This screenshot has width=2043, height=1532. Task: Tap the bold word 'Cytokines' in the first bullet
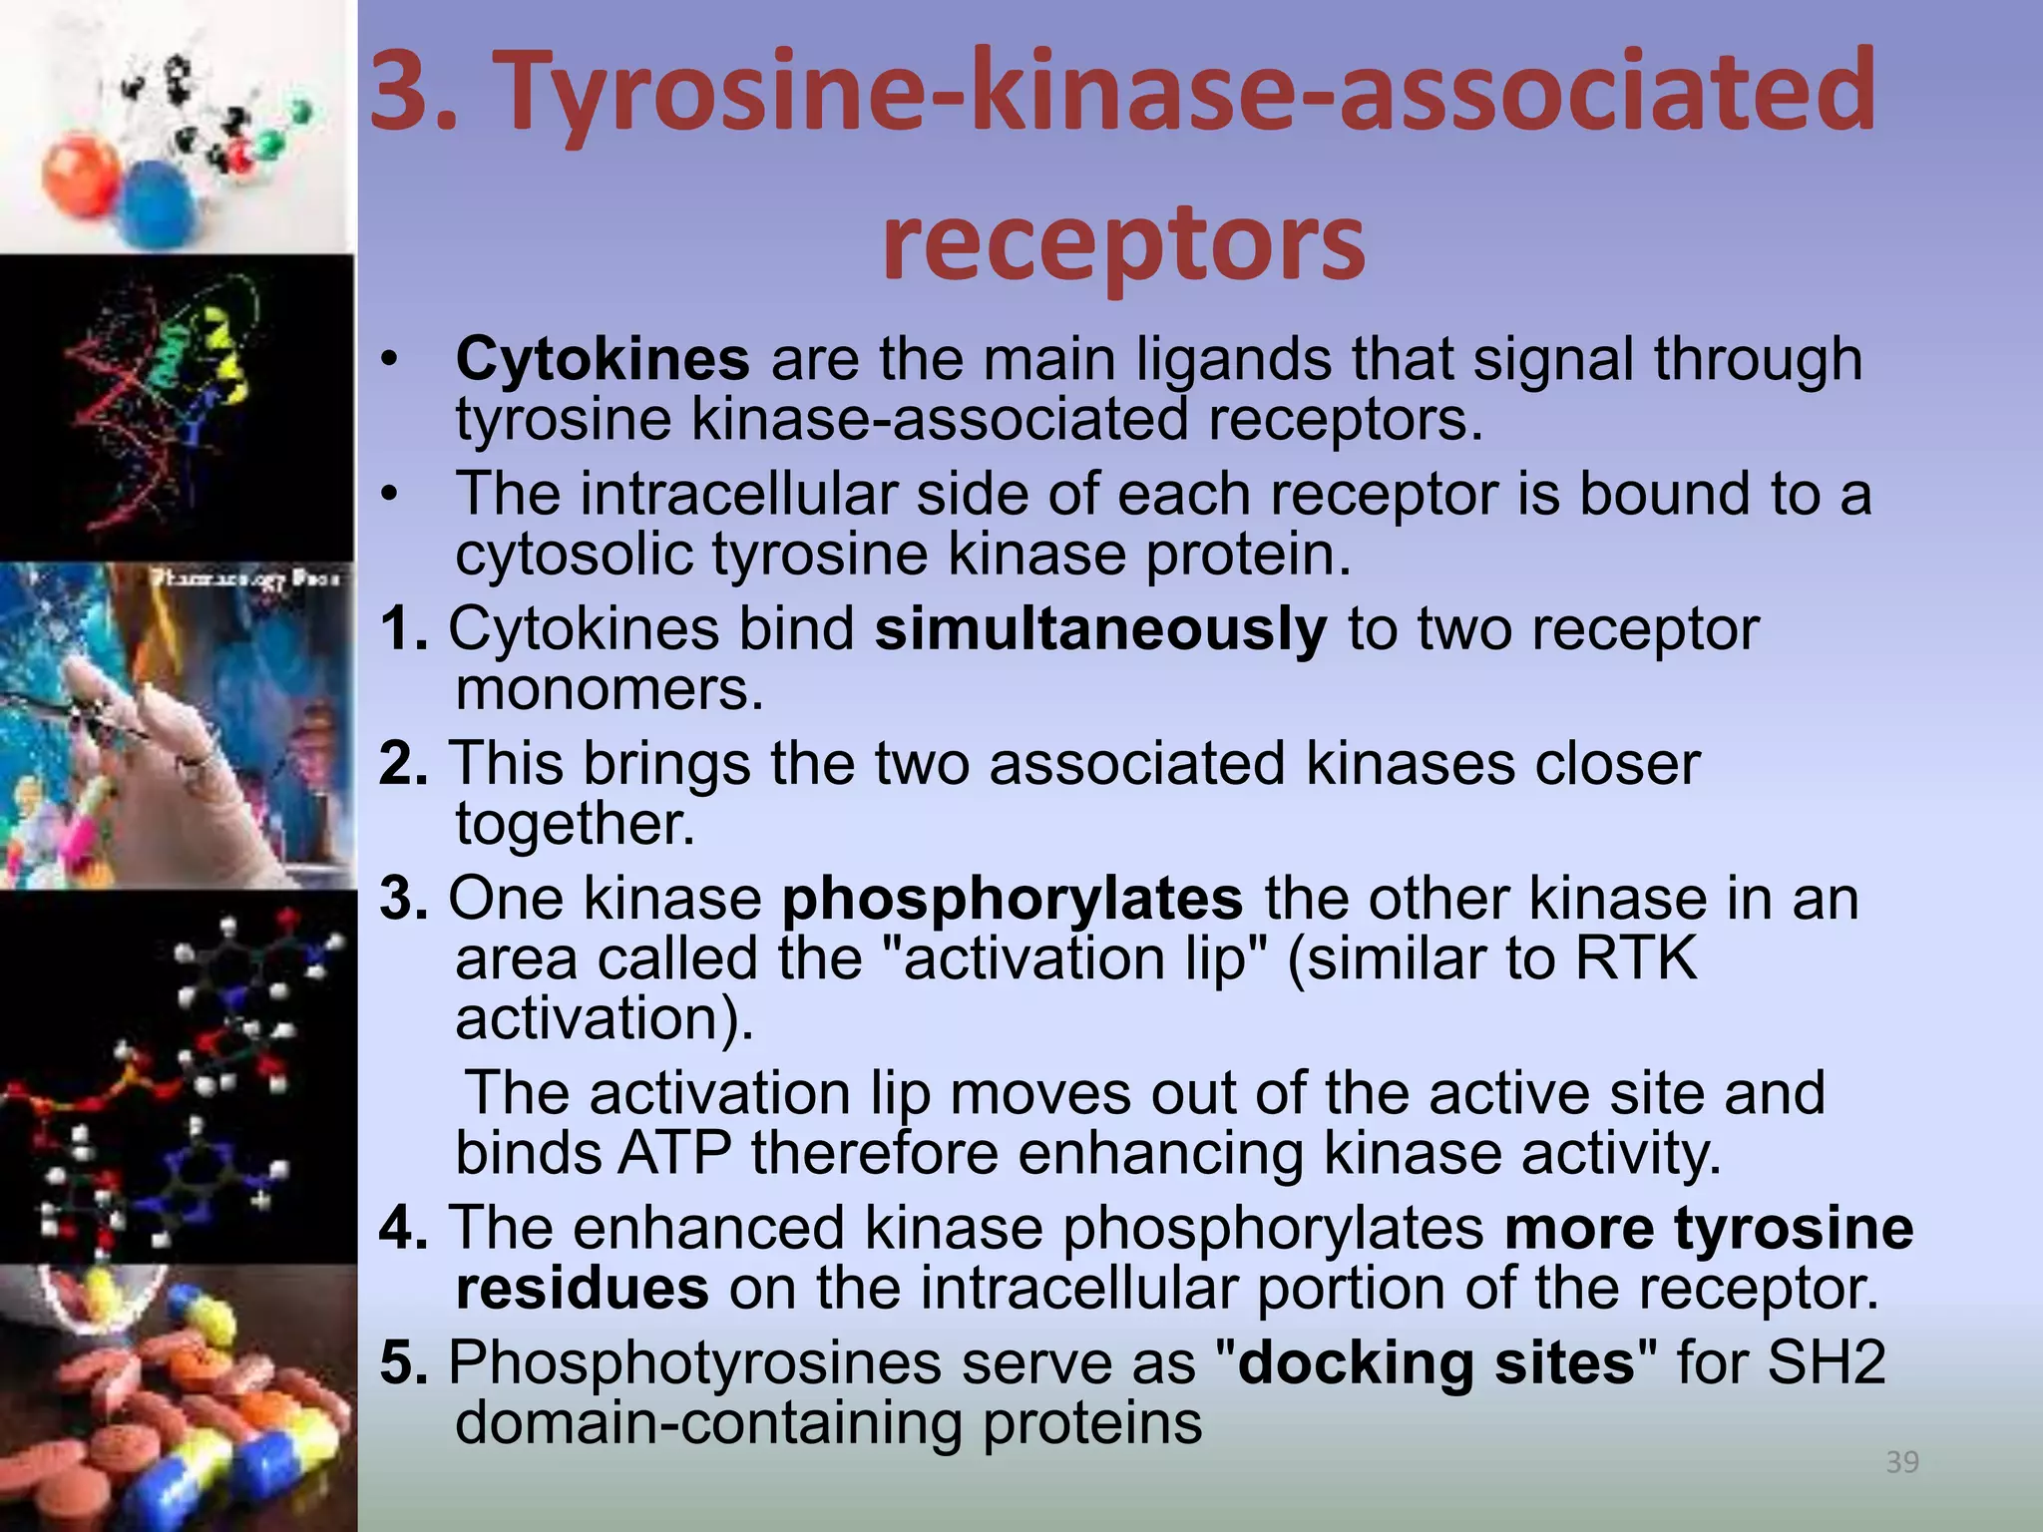coord(603,359)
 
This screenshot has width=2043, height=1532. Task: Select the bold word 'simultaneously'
coord(1100,629)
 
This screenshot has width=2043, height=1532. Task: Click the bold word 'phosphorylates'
coord(1012,899)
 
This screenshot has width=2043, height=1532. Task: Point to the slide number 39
coord(1902,1462)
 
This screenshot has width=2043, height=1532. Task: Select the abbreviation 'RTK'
coord(1636,958)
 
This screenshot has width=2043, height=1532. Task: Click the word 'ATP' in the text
coord(674,1153)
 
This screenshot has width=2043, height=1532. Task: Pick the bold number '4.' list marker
coord(404,1228)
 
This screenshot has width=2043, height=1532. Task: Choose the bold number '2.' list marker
coord(404,764)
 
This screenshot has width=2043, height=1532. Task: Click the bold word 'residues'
coord(583,1288)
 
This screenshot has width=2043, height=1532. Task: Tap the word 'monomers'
coord(609,689)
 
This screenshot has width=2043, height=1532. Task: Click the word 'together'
coord(575,825)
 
